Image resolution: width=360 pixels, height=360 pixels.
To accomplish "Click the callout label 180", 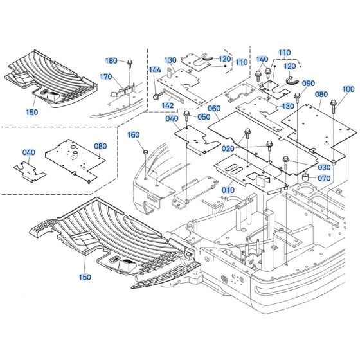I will click(x=111, y=60).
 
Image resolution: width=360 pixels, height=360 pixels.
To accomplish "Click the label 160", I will click(x=133, y=135).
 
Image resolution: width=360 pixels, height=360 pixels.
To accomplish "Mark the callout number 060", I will click(x=213, y=109).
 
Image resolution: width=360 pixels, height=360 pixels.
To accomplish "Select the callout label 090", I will click(x=308, y=84).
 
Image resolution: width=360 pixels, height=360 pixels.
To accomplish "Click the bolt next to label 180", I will click(x=130, y=62).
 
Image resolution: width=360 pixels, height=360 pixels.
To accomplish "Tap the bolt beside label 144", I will click(x=156, y=96).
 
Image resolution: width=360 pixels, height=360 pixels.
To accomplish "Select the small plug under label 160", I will click(x=145, y=150).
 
